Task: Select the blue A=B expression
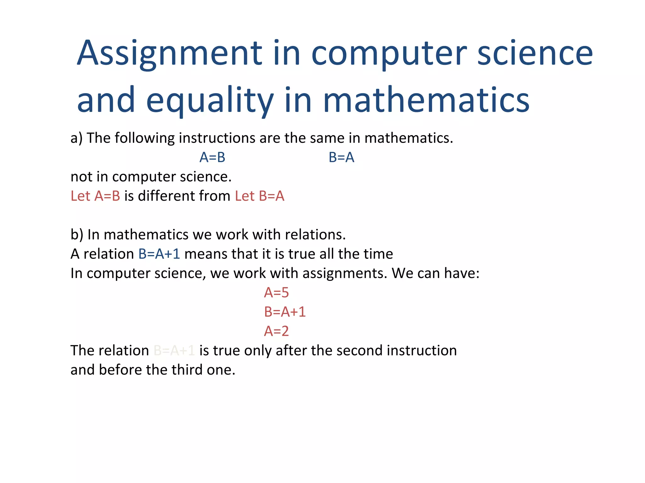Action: (x=212, y=157)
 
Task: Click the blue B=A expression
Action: (x=341, y=157)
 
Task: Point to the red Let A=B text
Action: (x=95, y=196)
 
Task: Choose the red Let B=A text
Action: (x=260, y=196)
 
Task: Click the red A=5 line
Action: (x=276, y=292)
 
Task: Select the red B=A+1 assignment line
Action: (x=285, y=312)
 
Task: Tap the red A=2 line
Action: (x=276, y=331)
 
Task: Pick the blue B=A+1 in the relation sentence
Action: (x=159, y=254)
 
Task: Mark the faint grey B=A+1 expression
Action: (x=174, y=350)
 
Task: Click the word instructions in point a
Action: (x=217, y=138)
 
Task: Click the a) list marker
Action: (x=77, y=138)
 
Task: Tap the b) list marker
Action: (x=77, y=235)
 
